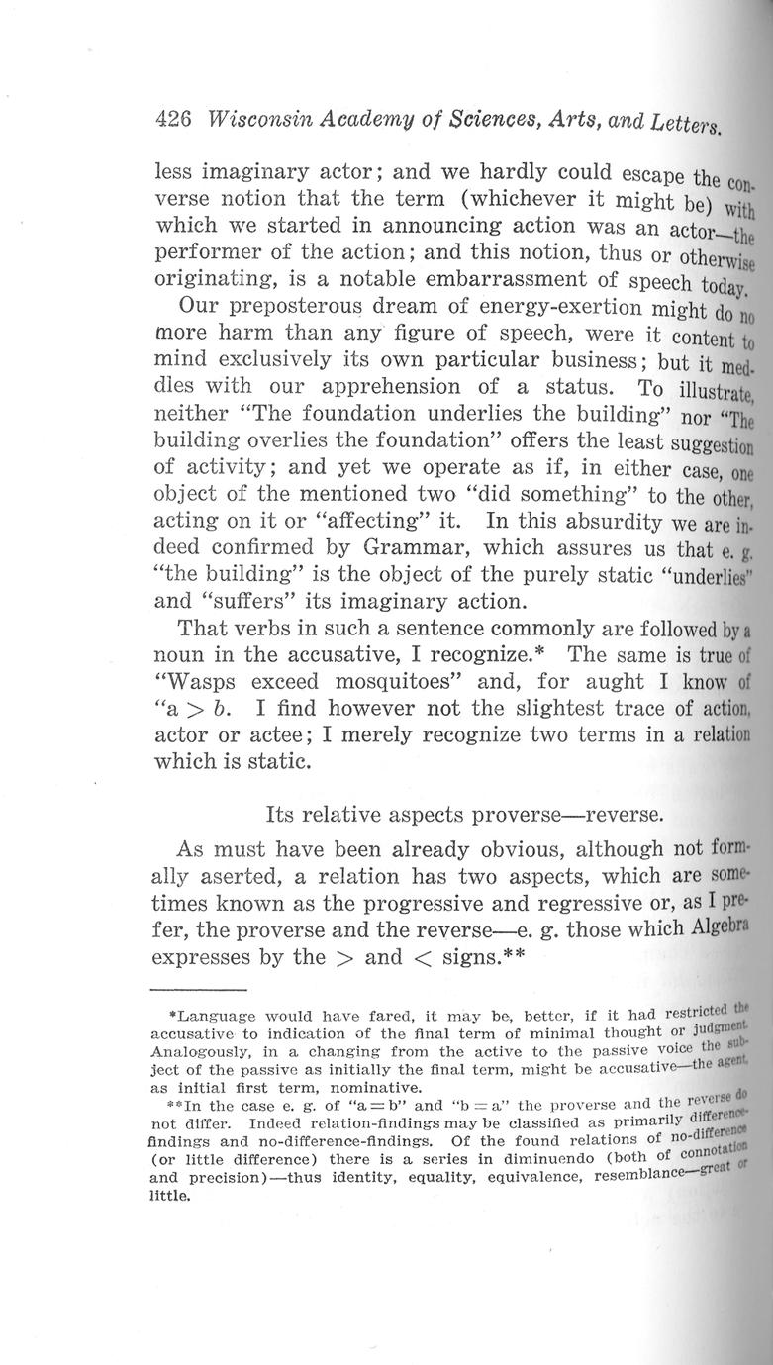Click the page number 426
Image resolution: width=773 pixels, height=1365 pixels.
[174, 120]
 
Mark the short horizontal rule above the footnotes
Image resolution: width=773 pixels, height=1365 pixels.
[197, 989]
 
